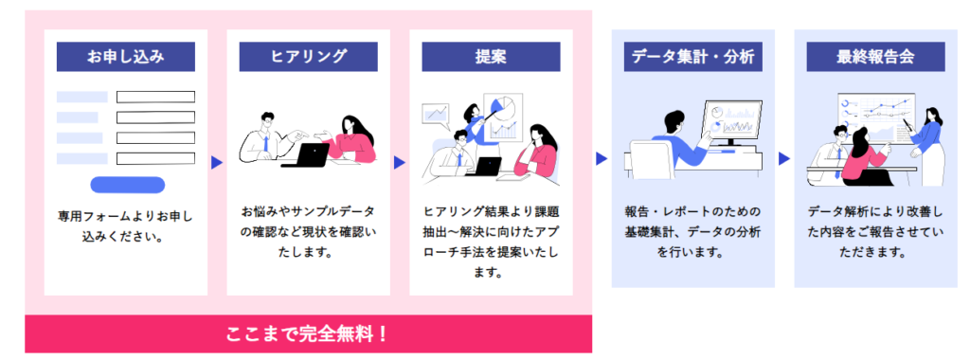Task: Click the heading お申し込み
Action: point(126,57)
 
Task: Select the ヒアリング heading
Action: point(308,57)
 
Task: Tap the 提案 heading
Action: point(491,57)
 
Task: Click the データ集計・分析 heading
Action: point(692,57)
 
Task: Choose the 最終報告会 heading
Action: point(875,57)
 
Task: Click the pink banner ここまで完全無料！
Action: point(308,334)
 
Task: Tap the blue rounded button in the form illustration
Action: point(127,185)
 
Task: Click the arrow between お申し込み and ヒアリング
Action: point(216,162)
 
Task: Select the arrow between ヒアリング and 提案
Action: point(399,162)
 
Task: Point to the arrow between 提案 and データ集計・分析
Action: point(601,158)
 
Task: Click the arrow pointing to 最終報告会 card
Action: point(783,158)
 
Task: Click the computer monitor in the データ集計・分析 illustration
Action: point(731,123)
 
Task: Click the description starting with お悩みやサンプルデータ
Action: point(308,230)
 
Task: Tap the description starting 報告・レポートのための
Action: point(692,230)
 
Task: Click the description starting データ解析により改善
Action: point(875,230)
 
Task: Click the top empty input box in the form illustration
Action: point(155,97)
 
